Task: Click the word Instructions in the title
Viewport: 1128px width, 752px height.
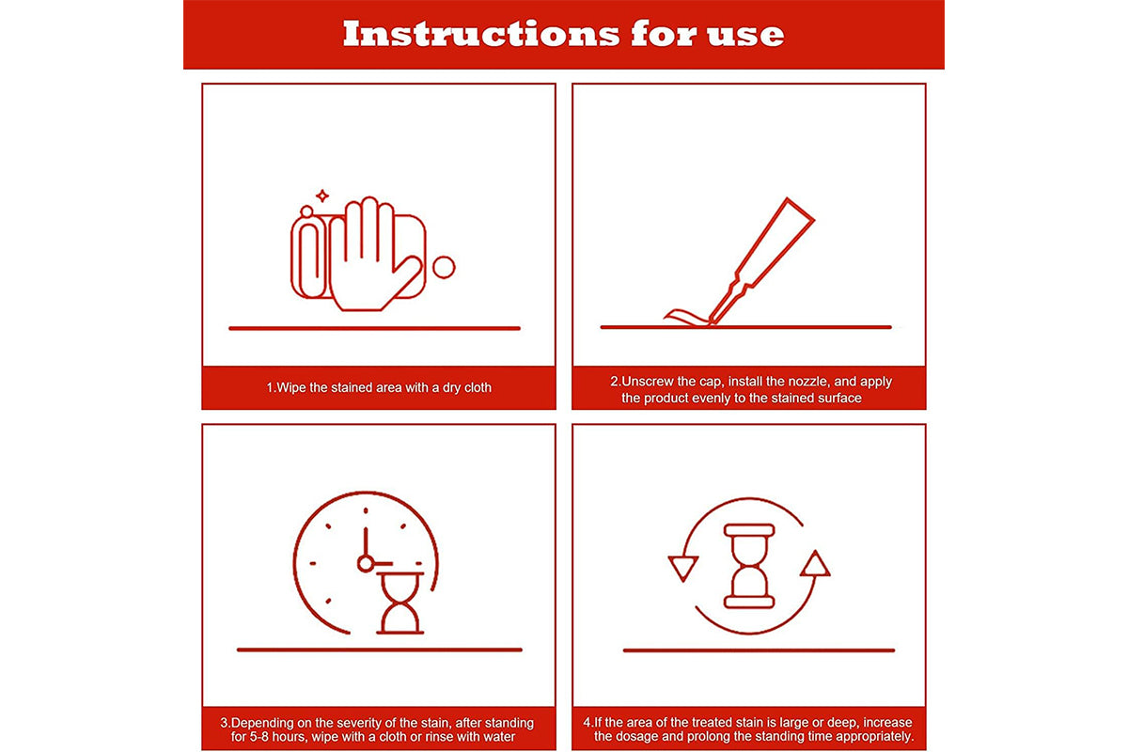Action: (481, 34)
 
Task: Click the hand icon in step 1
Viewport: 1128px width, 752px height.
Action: (375, 255)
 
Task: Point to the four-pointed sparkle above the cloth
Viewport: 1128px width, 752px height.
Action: (322, 196)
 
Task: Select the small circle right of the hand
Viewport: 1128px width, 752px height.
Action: (444, 268)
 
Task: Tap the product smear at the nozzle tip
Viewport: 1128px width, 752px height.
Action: (686, 318)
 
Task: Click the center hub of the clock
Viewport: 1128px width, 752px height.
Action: (365, 563)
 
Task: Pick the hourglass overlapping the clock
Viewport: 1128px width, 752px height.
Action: (399, 603)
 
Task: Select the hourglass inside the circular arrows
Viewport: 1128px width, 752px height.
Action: (749, 566)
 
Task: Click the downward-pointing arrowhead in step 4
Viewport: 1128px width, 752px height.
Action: (682, 568)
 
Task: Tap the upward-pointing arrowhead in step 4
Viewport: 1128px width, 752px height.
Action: (815, 564)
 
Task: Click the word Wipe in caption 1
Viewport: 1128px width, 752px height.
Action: (291, 387)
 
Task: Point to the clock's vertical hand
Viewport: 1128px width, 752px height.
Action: (366, 541)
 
